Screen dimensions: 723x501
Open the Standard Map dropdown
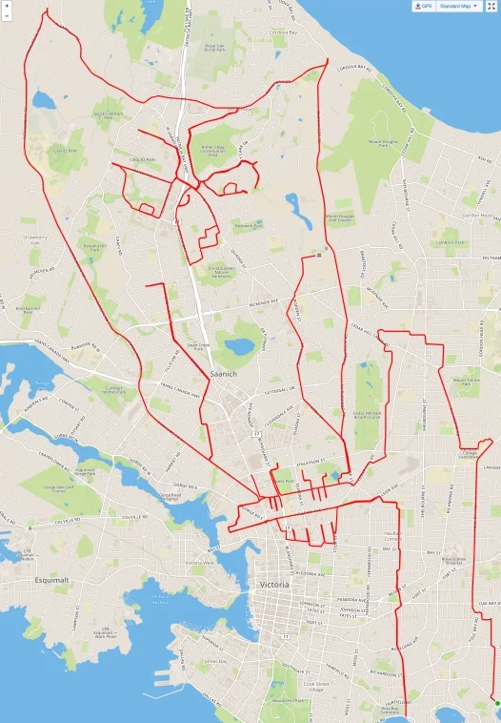(x=460, y=6)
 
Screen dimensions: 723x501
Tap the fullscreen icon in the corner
(x=491, y=6)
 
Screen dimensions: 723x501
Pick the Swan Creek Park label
(x=198, y=347)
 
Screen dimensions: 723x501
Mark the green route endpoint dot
(x=496, y=704)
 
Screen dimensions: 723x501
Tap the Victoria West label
(x=199, y=564)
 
